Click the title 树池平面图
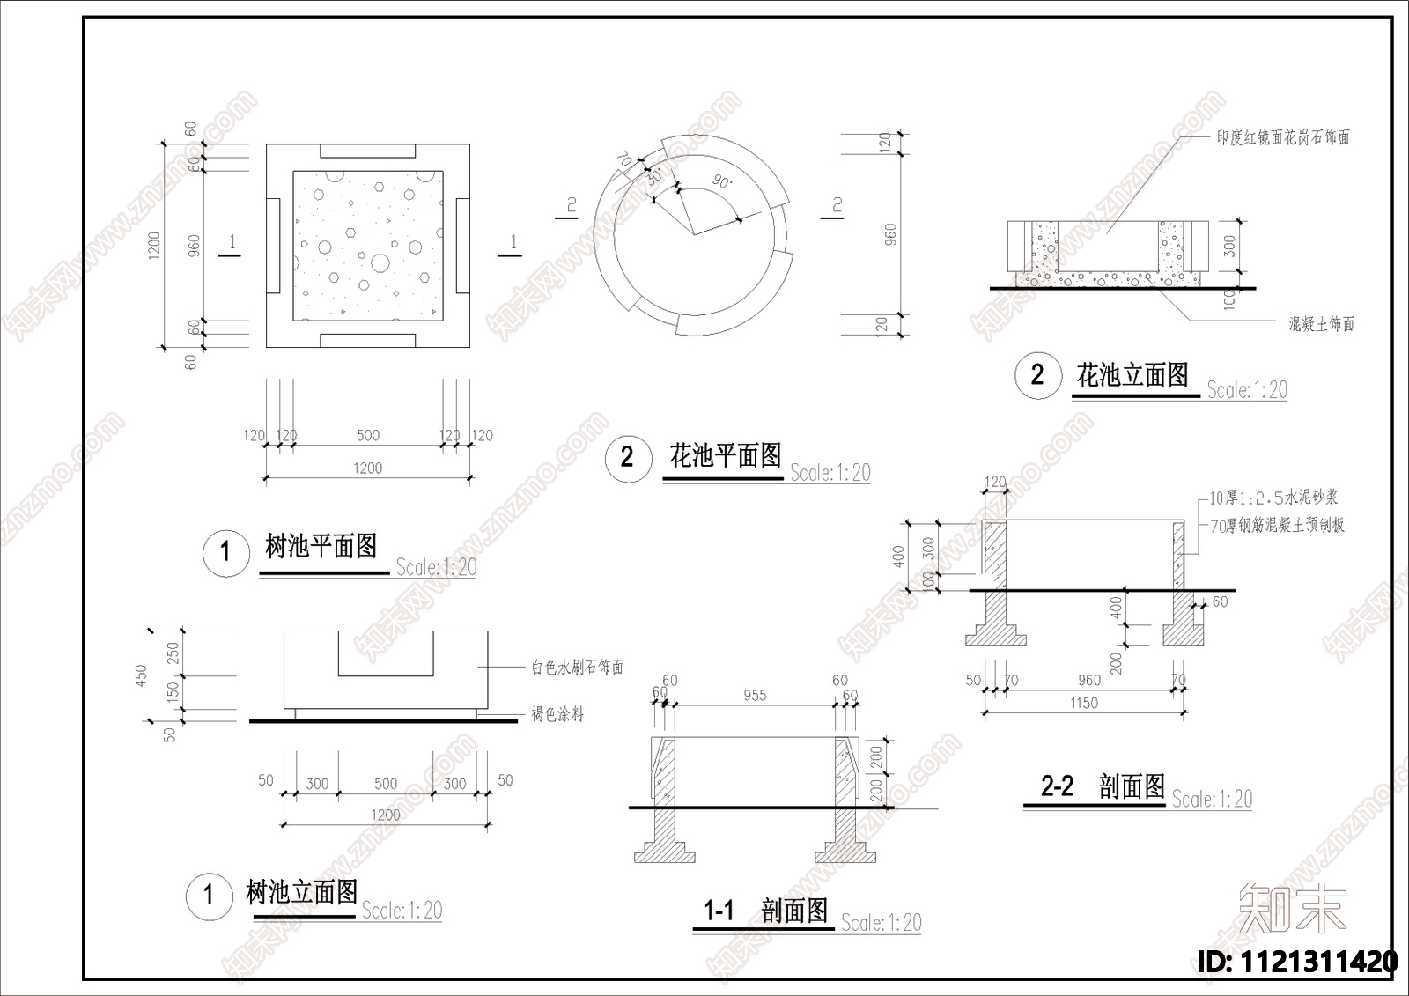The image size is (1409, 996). (x=321, y=546)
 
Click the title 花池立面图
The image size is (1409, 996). (x=1132, y=375)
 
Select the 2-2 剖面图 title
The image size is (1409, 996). (x=1103, y=786)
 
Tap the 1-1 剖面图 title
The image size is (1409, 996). (x=765, y=910)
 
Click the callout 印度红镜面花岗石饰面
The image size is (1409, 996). (x=1282, y=137)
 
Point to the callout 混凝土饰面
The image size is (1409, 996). (x=1321, y=324)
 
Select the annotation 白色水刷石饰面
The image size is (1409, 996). (x=577, y=668)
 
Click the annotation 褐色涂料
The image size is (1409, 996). (x=557, y=714)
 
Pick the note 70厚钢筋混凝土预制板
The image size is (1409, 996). (x=1277, y=526)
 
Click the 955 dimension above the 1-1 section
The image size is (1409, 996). (x=755, y=695)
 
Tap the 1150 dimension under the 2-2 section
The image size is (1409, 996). (x=1084, y=703)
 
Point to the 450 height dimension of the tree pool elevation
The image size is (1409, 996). (x=141, y=675)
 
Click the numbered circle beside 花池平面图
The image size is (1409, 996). (x=627, y=457)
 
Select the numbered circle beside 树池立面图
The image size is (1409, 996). (x=209, y=896)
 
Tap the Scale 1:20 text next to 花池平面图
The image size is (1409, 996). (x=830, y=473)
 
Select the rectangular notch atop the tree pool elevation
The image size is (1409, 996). (x=386, y=653)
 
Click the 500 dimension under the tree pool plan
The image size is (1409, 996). (x=368, y=435)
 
